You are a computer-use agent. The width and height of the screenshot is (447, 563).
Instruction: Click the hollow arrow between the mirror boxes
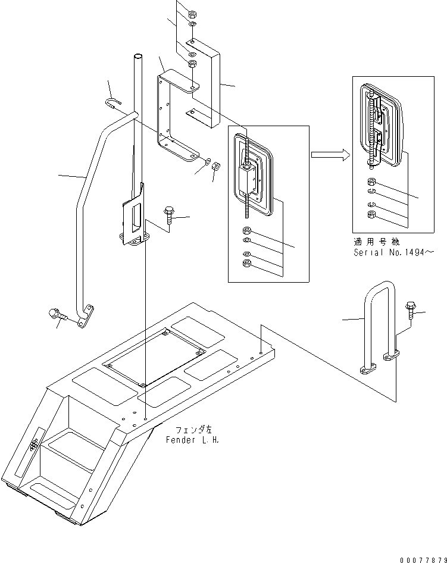[x=330, y=155]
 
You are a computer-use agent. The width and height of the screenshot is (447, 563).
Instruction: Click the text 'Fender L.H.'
[x=192, y=440]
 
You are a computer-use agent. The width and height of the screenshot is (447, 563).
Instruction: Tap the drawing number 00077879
[x=424, y=560]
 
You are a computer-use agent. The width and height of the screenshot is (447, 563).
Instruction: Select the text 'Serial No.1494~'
[x=393, y=252]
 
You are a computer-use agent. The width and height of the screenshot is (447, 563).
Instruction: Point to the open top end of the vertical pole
[x=138, y=57]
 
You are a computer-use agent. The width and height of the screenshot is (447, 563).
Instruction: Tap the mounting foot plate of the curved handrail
[x=86, y=317]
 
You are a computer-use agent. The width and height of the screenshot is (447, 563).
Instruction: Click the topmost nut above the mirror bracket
[x=192, y=15]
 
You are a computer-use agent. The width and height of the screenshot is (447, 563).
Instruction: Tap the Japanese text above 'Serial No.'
[x=376, y=242]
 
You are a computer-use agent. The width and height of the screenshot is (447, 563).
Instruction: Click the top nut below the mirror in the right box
[x=371, y=182]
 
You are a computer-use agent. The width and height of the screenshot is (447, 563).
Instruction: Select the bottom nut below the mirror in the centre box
[x=247, y=263]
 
